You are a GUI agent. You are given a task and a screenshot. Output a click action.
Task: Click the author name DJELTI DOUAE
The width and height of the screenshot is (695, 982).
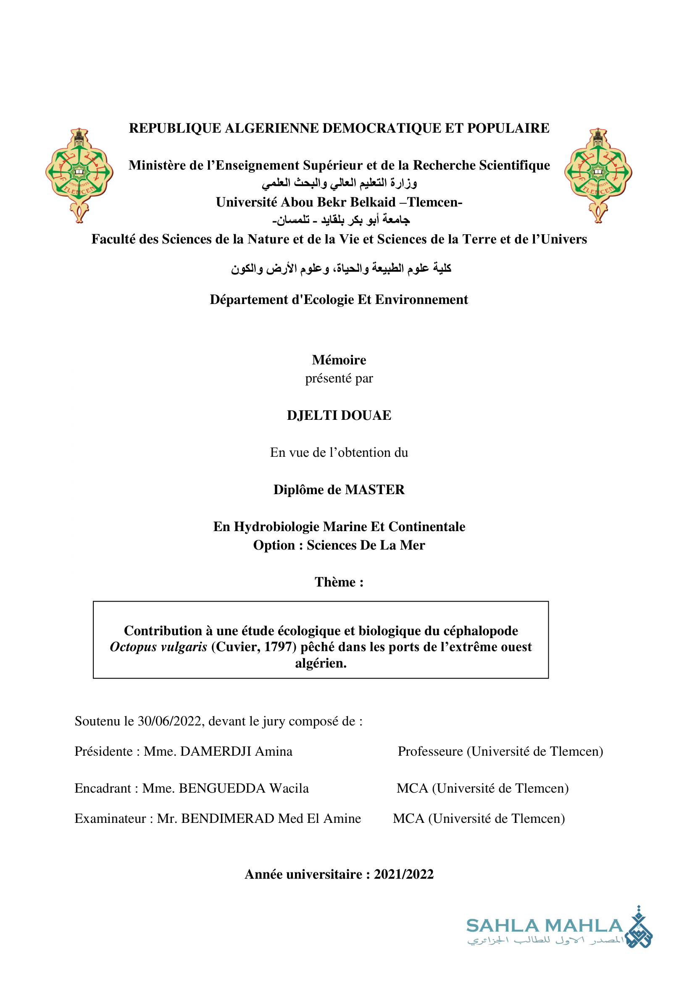coord(339,415)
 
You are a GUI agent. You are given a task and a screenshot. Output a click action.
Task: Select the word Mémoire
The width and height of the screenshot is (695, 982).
coord(339,360)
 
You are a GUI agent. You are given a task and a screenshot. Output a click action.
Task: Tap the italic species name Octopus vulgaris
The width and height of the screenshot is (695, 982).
coord(158,647)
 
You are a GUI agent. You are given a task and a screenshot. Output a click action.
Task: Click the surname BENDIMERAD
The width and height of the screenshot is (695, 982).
coord(228,818)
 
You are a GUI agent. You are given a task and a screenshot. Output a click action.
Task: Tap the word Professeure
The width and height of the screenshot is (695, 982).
coord(430,752)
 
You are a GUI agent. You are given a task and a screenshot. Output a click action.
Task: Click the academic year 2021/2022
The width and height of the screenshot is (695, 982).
coord(403,874)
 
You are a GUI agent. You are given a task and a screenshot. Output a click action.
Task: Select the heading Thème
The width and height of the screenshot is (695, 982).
coord(335,582)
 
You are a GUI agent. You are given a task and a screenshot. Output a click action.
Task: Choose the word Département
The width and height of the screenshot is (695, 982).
coord(249,300)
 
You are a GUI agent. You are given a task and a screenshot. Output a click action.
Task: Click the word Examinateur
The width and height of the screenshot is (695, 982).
coord(110,818)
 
